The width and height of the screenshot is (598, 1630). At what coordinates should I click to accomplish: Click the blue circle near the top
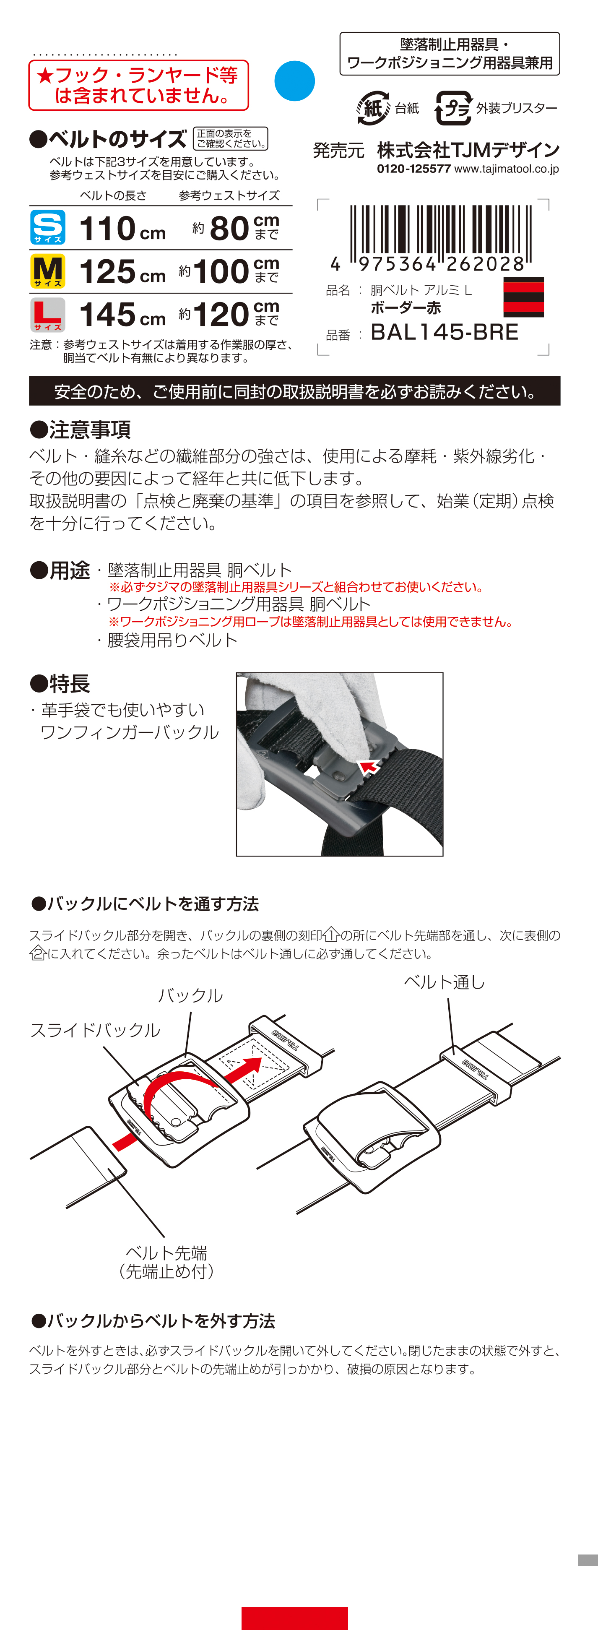[294, 81]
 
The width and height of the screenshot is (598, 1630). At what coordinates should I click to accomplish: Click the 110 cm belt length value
[123, 229]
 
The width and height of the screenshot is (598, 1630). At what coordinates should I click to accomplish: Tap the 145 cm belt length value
[123, 315]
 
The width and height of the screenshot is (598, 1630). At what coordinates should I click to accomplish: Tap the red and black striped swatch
[523, 297]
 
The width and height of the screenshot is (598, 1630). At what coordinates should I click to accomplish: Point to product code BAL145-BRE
[444, 332]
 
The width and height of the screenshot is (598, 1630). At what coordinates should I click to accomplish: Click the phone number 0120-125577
[414, 169]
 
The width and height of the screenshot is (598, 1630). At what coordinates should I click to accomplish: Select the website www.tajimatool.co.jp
[507, 169]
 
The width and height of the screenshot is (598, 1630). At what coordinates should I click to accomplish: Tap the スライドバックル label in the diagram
[96, 1030]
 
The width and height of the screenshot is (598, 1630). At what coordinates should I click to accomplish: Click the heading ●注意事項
[81, 430]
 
